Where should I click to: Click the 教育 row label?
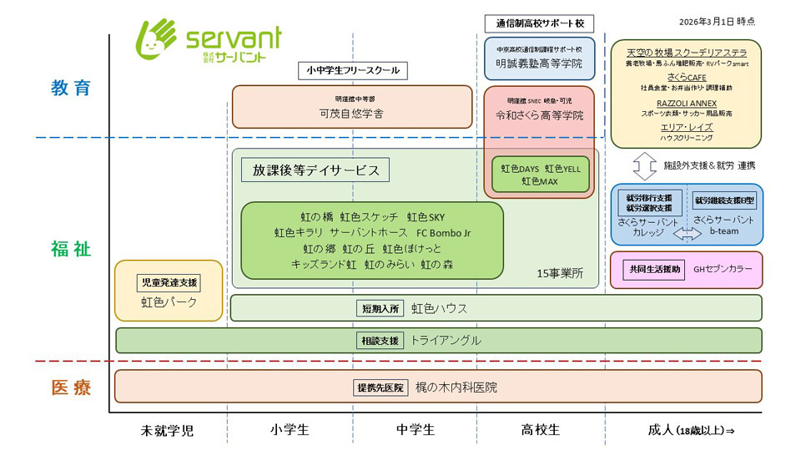click(71, 88)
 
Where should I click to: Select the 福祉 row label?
click(71, 249)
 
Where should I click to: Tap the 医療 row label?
click(71, 388)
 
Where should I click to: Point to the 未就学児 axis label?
click(167, 430)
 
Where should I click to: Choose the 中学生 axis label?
click(415, 430)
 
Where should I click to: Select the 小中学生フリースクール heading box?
click(353, 70)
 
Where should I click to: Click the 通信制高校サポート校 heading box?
click(539, 23)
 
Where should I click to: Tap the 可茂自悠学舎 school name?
click(351, 114)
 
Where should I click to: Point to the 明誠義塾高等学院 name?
click(539, 63)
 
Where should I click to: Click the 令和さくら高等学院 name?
click(539, 115)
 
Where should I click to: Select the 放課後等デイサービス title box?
click(315, 170)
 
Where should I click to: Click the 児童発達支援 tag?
click(169, 282)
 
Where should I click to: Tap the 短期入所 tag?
click(380, 308)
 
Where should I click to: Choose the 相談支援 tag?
click(380, 341)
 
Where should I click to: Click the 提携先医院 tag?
click(380, 388)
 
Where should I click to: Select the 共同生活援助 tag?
click(653, 269)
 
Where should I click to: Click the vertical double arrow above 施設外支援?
click(644, 165)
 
